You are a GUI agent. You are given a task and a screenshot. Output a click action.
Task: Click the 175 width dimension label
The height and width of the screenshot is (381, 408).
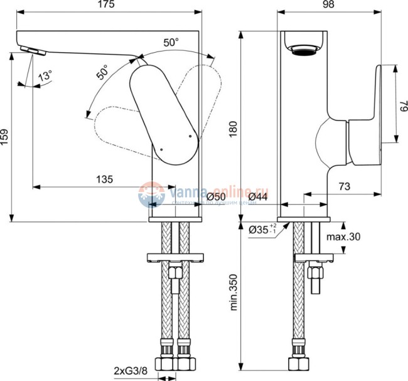106,5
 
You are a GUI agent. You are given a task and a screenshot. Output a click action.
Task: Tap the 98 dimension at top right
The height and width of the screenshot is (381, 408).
303,5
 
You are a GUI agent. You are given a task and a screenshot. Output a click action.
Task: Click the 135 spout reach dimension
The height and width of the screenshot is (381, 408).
104,179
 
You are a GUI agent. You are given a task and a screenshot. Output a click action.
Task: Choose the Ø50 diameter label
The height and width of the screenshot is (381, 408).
215,197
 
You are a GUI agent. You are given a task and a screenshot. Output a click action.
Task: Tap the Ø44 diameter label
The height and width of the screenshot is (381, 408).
259,197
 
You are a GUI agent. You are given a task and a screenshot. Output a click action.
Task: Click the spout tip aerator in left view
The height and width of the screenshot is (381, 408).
30,50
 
